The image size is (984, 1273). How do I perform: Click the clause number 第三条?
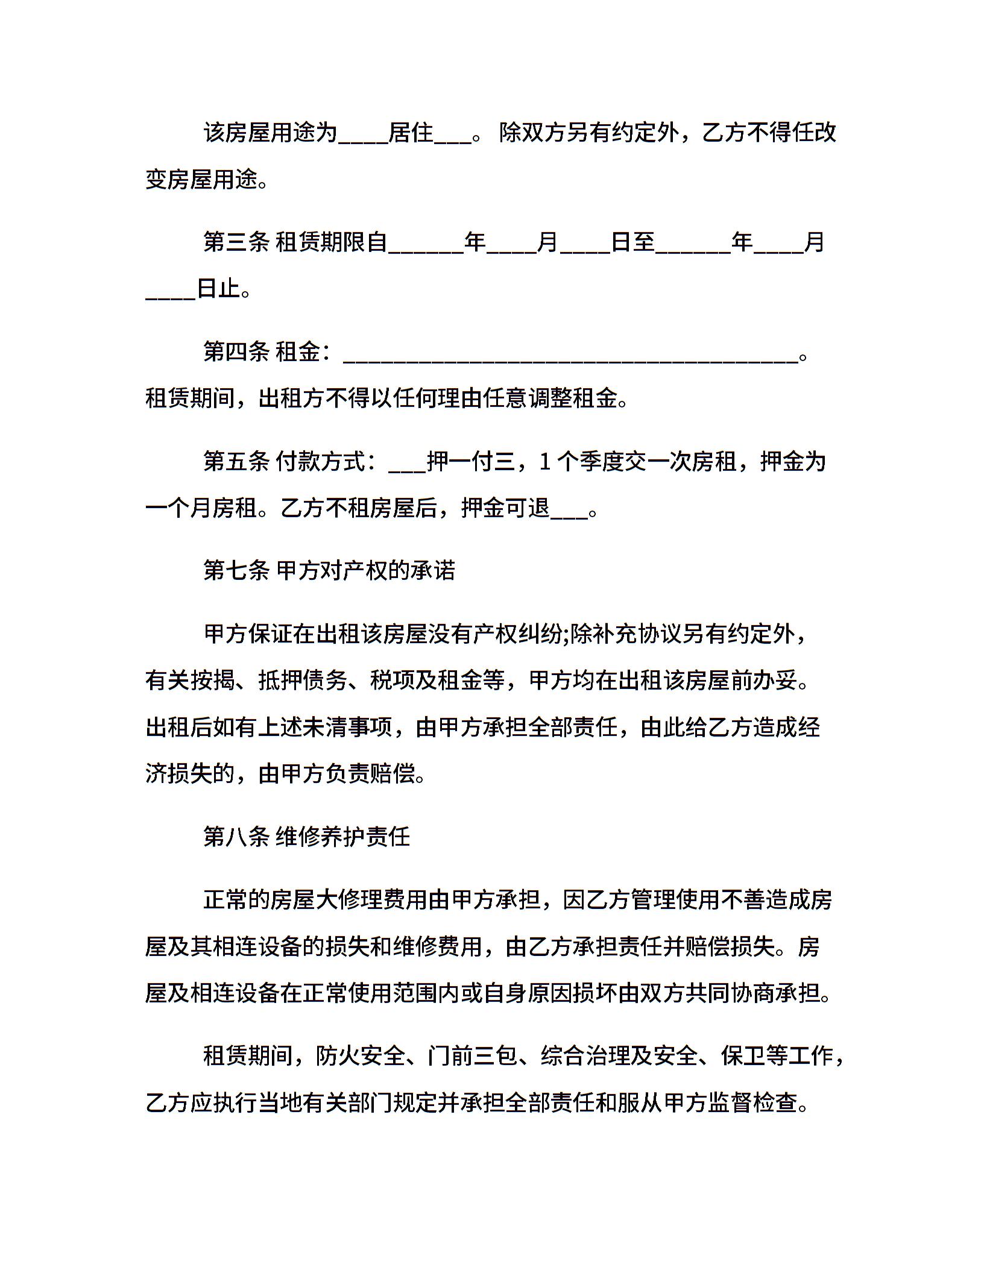tap(236, 243)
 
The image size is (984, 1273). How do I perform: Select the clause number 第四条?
tap(236, 351)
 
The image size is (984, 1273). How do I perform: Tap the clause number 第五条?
tap(236, 462)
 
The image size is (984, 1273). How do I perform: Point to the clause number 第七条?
tap(236, 571)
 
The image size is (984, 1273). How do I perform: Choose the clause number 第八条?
tap(236, 837)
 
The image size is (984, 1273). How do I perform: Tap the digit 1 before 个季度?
tap(544, 462)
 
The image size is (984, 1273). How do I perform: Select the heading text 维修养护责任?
tap(343, 837)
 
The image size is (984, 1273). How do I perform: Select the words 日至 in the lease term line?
tap(633, 243)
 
